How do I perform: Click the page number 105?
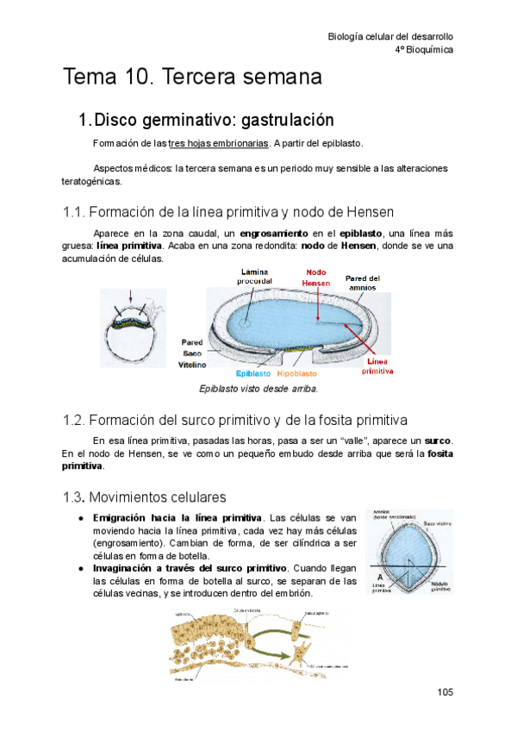pyautogui.click(x=445, y=692)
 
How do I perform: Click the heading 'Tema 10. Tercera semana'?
pyautogui.click(x=192, y=77)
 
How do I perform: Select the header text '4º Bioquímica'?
pyautogui.click(x=423, y=50)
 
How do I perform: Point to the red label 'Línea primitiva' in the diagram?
pyautogui.click(x=378, y=366)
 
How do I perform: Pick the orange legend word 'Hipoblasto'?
pyautogui.click(x=297, y=374)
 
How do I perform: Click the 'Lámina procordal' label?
pyautogui.click(x=256, y=276)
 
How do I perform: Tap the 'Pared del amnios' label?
pyautogui.click(x=362, y=283)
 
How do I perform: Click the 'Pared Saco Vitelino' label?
pyautogui.click(x=192, y=353)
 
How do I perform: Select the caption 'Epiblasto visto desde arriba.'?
pyautogui.click(x=258, y=389)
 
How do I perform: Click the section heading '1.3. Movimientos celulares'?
pyautogui.click(x=144, y=497)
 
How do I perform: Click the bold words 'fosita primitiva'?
pyautogui.click(x=431, y=453)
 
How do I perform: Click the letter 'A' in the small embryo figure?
pyautogui.click(x=379, y=578)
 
